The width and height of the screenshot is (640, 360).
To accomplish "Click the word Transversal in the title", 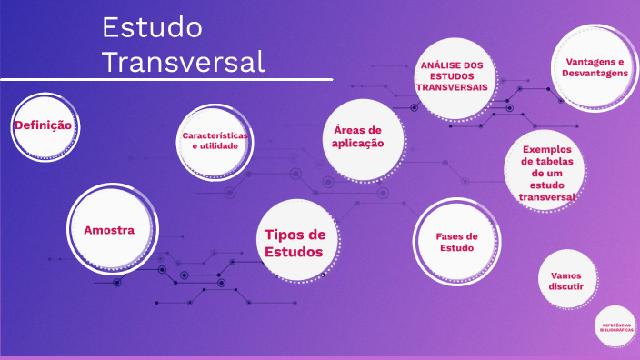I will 183,61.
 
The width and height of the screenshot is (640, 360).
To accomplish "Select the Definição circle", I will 42,125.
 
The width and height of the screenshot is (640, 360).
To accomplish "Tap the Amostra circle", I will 109,230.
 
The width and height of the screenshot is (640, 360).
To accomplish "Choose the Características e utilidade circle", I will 215,141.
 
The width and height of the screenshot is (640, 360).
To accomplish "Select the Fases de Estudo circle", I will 457,241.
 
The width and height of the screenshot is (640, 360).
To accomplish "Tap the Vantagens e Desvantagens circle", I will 595,65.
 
